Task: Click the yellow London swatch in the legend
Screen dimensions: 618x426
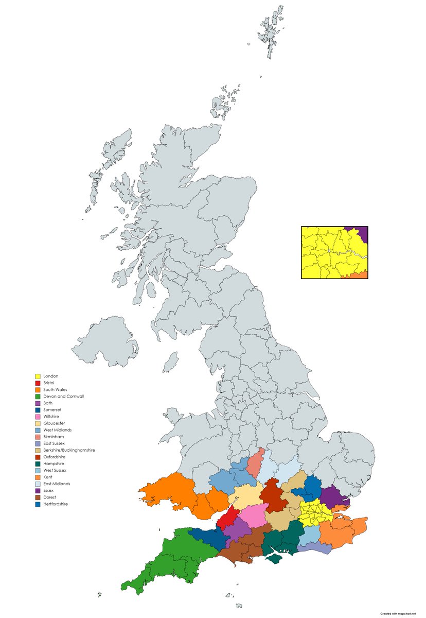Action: [x=38, y=376]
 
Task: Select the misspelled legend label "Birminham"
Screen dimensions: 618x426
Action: [x=55, y=437]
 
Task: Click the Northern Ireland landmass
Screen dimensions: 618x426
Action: [x=105, y=342]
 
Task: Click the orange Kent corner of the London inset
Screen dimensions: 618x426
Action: [x=362, y=275]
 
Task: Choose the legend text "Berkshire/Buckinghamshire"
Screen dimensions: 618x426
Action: [x=69, y=450]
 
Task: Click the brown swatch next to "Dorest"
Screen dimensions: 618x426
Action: [x=38, y=497]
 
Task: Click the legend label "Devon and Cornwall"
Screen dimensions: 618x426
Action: [x=63, y=397]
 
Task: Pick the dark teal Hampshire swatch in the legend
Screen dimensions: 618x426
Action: [x=38, y=464]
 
